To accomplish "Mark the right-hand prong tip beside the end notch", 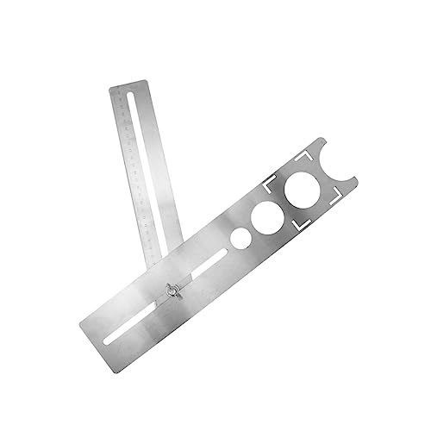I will [359, 179].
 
